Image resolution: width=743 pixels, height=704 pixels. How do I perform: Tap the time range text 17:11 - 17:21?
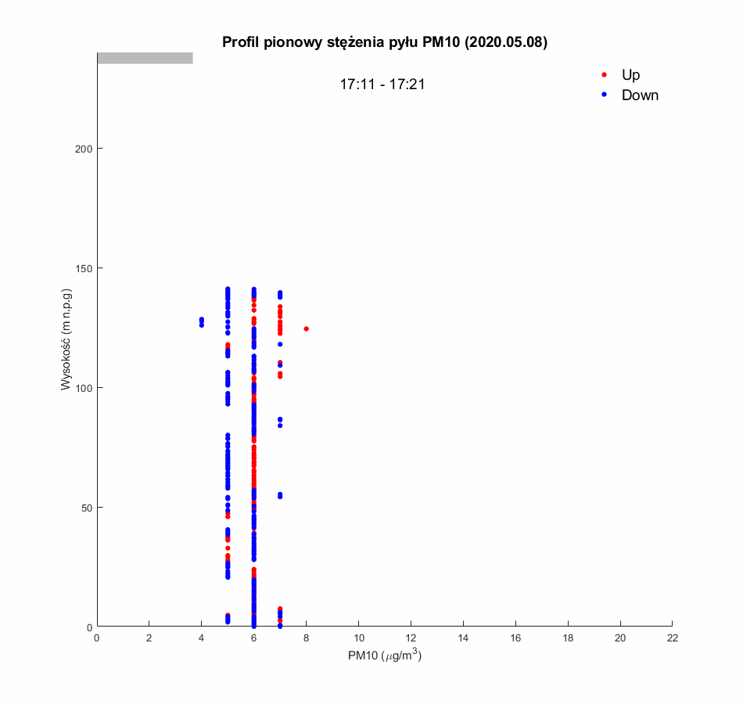point(382,84)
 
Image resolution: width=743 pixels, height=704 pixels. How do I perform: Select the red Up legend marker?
point(604,75)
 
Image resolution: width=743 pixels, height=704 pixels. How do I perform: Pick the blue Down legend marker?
point(604,95)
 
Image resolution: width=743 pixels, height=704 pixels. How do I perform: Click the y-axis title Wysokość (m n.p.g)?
point(67,339)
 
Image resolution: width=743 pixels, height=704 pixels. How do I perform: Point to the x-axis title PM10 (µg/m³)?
point(385,656)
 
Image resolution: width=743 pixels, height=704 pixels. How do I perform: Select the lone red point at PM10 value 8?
point(306,329)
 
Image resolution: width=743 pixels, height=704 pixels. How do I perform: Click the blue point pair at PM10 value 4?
point(201,321)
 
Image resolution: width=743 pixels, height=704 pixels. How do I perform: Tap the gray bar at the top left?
point(145,58)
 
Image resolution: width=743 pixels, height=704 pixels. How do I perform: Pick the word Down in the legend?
point(640,95)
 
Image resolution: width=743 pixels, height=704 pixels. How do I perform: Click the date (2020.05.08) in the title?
point(506,42)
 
